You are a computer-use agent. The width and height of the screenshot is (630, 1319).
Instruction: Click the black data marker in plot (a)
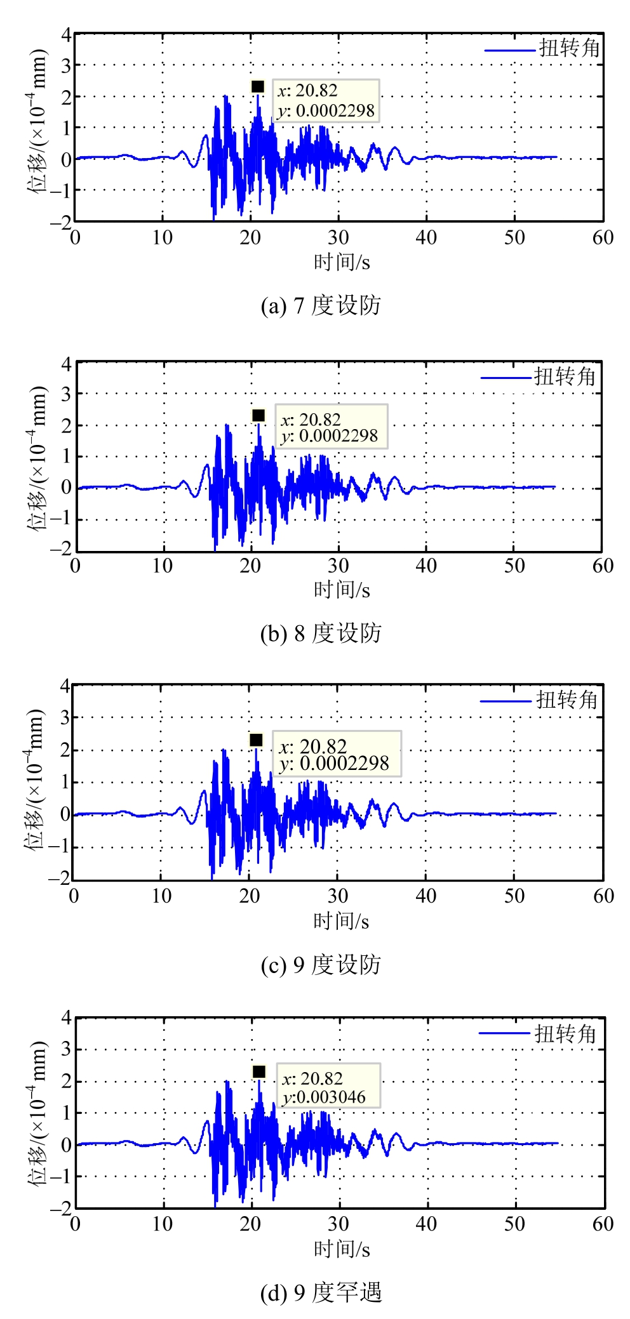[x=257, y=86]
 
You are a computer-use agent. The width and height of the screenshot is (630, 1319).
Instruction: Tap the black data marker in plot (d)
[x=258, y=1071]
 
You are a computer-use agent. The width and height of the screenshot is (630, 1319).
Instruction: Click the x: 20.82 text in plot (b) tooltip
[x=311, y=420]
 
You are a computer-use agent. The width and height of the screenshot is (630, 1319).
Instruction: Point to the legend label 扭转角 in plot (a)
[x=570, y=48]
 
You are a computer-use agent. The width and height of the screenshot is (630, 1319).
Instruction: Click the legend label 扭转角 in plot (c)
[x=567, y=700]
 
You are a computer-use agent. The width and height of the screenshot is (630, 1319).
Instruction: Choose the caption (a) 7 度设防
[x=321, y=305]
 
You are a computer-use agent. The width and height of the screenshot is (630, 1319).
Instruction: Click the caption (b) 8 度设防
[x=321, y=633]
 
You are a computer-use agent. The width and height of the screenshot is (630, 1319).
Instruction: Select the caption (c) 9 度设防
[x=321, y=964]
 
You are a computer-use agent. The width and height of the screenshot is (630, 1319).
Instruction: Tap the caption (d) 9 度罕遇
[x=321, y=1293]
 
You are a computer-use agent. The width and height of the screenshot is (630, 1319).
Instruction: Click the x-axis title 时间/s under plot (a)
[x=342, y=262]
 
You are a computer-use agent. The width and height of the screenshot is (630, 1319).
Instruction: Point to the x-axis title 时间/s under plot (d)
[x=342, y=1249]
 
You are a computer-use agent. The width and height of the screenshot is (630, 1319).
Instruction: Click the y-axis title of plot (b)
[x=37, y=457]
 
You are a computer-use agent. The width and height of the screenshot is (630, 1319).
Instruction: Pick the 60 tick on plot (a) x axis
[x=603, y=238]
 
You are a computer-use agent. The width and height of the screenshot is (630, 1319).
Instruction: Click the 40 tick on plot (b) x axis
[x=426, y=566]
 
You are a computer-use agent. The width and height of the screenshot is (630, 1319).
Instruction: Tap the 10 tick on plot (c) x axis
[x=161, y=896]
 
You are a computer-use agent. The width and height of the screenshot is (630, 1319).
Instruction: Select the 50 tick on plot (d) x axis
[x=514, y=1224]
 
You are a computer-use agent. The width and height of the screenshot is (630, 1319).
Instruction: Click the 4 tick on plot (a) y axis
[x=66, y=34]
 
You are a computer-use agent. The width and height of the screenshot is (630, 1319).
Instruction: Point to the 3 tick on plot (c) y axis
[x=65, y=718]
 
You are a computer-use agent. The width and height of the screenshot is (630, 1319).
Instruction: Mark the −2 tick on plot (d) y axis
[x=62, y=1208]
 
